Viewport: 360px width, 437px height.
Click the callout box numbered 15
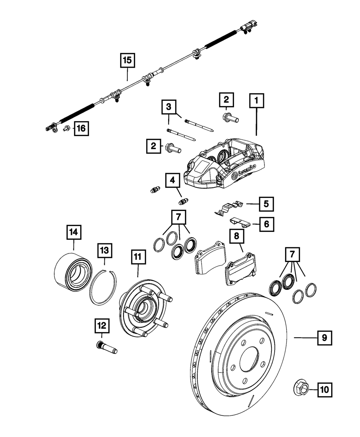[127, 60]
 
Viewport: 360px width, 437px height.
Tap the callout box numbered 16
[81, 128]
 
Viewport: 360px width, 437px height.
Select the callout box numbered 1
[257, 101]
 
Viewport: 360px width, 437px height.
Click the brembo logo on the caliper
[244, 172]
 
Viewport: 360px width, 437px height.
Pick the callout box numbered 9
[324, 338]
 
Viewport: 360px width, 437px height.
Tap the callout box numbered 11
[138, 257]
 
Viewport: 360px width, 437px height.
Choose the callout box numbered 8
[237, 236]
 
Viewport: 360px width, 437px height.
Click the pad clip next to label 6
[240, 222]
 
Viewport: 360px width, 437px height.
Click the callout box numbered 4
[172, 180]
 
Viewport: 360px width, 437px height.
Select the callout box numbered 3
[169, 107]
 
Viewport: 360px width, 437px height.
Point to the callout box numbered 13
[105, 250]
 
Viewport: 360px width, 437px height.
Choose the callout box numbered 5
[266, 204]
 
